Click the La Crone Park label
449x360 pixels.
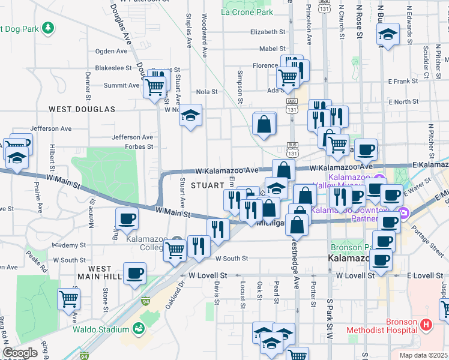(x=247, y=12)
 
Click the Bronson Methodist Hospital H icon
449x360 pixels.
(x=426, y=325)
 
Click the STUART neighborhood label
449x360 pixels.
(x=207, y=185)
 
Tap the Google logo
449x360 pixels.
(x=20, y=353)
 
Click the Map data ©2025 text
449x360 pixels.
(x=423, y=355)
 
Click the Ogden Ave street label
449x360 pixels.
(x=108, y=52)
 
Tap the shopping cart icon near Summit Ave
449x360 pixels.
(x=155, y=87)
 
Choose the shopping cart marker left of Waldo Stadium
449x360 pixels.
(x=69, y=298)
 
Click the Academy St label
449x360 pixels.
(x=70, y=245)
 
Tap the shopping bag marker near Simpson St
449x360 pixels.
(x=264, y=124)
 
